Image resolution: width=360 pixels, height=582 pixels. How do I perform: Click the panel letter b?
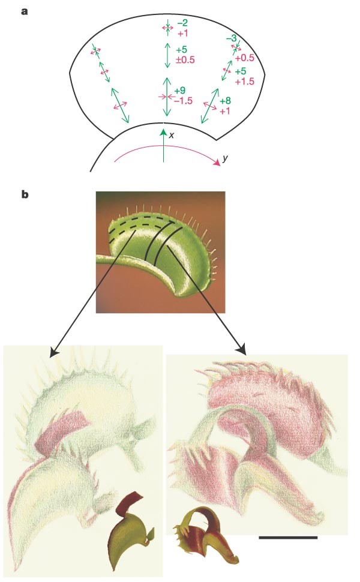25,195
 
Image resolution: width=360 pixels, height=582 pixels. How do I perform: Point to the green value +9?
179,91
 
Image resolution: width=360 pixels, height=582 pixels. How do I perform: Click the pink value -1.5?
182,101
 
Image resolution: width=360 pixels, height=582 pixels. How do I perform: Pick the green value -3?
231,38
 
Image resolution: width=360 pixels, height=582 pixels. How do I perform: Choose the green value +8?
226,101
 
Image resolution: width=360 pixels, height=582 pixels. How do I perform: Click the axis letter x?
171,136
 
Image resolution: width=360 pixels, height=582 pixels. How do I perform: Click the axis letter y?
224,158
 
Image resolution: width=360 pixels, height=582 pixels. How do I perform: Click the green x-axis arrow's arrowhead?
163,130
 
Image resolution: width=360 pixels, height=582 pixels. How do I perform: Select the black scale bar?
287,537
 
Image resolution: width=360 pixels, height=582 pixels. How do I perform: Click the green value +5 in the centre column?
179,50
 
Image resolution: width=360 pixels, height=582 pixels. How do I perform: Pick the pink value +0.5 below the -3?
245,58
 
